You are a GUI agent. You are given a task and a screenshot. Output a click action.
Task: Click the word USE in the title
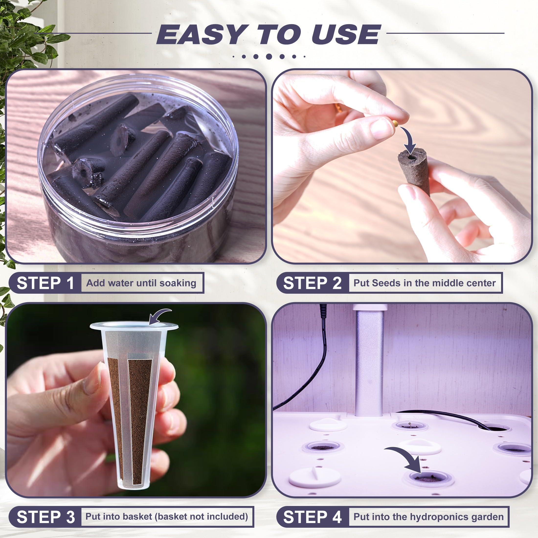[346, 34]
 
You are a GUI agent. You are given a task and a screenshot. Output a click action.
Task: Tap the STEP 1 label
[45, 283]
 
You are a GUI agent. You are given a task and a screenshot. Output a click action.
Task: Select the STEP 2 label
[312, 283]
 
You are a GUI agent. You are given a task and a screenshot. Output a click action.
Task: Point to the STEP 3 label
[46, 517]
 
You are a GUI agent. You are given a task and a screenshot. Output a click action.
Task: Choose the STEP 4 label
[313, 517]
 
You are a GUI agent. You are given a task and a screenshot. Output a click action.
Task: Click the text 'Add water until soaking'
[141, 283]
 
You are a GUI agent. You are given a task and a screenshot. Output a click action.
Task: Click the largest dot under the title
[269, 56]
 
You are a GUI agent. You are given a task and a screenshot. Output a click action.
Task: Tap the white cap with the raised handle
[315, 476]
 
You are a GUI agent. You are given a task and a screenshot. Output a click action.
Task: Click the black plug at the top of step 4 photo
[323, 311]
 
